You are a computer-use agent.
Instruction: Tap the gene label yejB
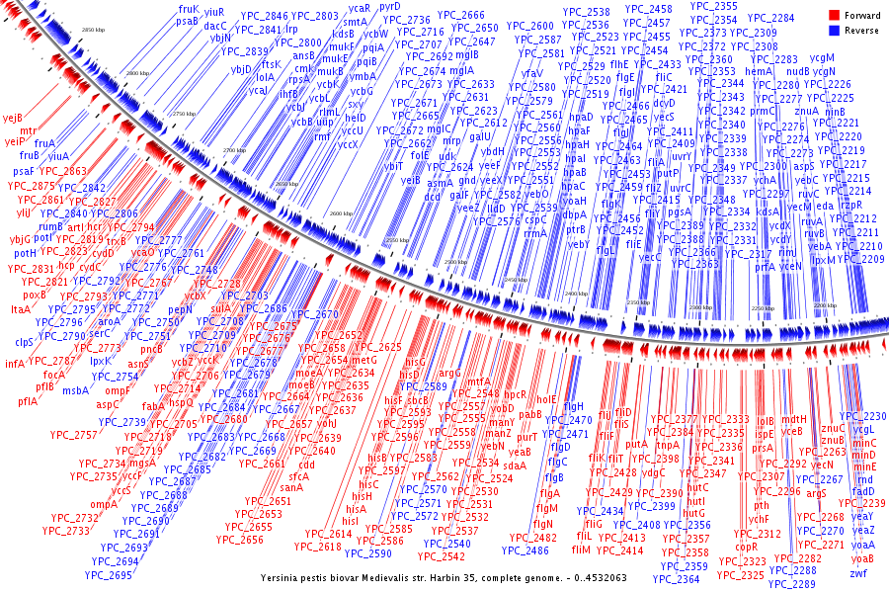(12, 118)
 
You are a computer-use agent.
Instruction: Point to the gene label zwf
(858, 572)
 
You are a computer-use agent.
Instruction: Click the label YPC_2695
(108, 574)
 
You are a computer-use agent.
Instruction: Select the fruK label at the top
(189, 8)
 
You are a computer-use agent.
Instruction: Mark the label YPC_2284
(769, 18)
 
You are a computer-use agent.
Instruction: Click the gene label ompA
(104, 504)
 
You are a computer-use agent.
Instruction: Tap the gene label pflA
(27, 401)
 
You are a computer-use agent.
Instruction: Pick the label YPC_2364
(676, 579)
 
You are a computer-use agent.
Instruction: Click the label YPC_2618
(317, 547)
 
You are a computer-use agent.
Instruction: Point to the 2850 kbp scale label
(93, 32)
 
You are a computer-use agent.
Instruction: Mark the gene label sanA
(291, 487)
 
